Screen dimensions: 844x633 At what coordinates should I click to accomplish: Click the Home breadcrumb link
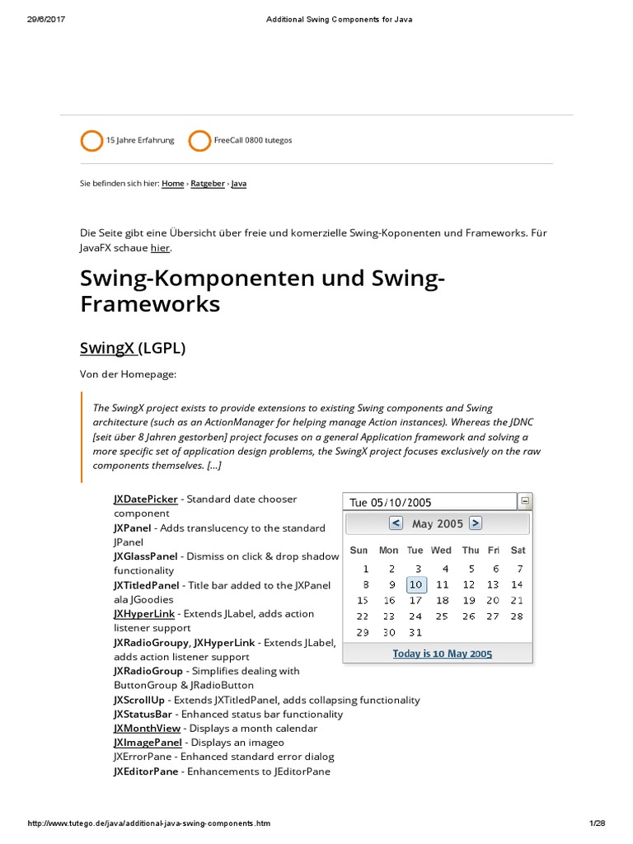[173, 184]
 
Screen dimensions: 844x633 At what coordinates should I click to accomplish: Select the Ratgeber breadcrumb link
[208, 184]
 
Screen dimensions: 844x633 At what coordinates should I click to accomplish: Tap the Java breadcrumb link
[239, 184]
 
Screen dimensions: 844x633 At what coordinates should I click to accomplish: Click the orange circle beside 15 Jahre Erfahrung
[91, 141]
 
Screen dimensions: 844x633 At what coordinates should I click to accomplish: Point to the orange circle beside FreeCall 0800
[199, 141]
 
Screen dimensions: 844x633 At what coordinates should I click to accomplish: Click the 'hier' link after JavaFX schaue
[160, 248]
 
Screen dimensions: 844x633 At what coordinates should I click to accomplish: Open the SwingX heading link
[108, 348]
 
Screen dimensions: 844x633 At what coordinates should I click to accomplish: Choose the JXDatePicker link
[145, 499]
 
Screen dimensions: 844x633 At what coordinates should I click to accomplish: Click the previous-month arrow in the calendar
[396, 523]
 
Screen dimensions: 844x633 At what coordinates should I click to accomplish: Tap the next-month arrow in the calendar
[475, 523]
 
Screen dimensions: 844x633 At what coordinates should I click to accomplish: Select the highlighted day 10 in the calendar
[416, 584]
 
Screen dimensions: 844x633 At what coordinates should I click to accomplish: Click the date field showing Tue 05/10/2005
[429, 502]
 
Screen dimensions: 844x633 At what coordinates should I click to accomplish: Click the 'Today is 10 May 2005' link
[442, 654]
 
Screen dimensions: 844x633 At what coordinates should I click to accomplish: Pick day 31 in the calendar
[415, 632]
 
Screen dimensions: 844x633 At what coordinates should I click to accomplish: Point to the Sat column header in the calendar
[518, 550]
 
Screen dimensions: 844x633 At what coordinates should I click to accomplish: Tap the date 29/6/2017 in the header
[46, 20]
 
